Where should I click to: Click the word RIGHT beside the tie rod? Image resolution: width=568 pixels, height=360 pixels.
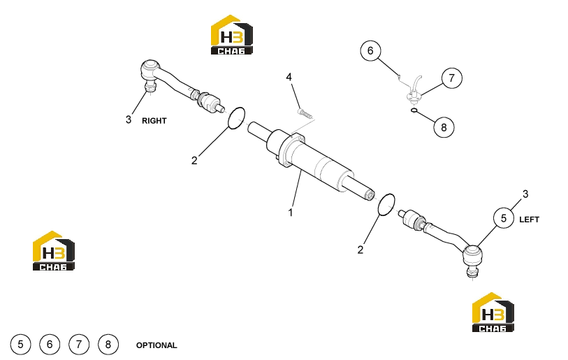154,121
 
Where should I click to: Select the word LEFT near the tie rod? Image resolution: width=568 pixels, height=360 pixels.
530,219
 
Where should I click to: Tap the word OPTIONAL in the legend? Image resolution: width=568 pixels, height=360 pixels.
156,345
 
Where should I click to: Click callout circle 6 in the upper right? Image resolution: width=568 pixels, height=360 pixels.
370,51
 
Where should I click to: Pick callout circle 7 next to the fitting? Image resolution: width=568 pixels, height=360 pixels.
452,78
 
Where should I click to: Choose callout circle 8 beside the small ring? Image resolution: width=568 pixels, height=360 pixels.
444,127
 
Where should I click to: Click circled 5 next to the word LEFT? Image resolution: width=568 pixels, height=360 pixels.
504,218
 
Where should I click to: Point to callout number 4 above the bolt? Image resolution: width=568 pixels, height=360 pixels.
289,77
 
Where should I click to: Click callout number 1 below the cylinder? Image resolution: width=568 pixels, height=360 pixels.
291,213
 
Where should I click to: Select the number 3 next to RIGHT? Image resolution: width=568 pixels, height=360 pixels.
129,120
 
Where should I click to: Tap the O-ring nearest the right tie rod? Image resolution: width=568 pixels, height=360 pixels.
236,118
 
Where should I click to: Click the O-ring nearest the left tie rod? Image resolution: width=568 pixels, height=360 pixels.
386,205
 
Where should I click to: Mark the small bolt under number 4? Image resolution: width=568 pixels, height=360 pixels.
305,113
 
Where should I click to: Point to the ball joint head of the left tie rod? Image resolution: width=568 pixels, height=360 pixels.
473,255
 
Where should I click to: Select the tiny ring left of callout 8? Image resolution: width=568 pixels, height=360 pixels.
415,110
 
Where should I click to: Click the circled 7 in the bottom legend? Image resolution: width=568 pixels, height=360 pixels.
79,345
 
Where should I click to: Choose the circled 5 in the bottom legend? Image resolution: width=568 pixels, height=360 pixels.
21,345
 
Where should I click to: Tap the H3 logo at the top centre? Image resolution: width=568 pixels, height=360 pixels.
232,35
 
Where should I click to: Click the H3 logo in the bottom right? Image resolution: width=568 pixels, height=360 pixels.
493,312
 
